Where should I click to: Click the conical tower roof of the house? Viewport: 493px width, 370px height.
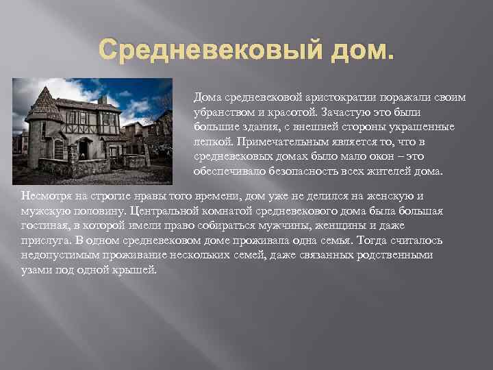point(46,103)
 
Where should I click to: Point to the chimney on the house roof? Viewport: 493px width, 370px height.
point(102,100)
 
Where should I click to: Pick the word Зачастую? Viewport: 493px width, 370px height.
point(344,110)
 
